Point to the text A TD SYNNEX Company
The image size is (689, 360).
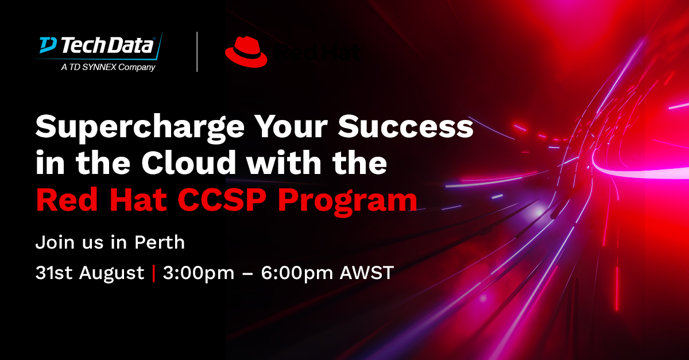tap(108, 68)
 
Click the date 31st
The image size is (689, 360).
tap(54, 273)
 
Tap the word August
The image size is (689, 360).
tap(113, 274)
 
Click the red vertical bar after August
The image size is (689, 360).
tap(153, 273)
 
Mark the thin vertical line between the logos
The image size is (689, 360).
tap(197, 52)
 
